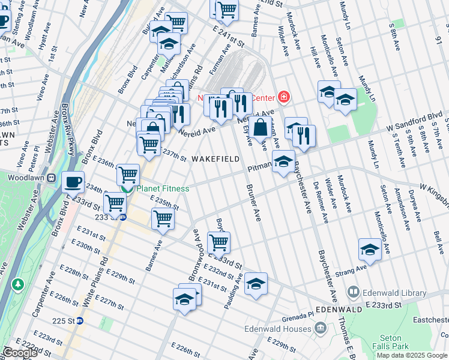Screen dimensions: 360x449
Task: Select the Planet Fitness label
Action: [162, 189]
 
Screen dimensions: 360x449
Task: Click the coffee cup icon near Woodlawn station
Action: [73, 181]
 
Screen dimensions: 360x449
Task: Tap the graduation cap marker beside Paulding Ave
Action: [256, 284]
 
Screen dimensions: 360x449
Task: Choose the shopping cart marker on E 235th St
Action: [163, 219]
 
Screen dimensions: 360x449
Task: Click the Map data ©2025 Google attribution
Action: [412, 355]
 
